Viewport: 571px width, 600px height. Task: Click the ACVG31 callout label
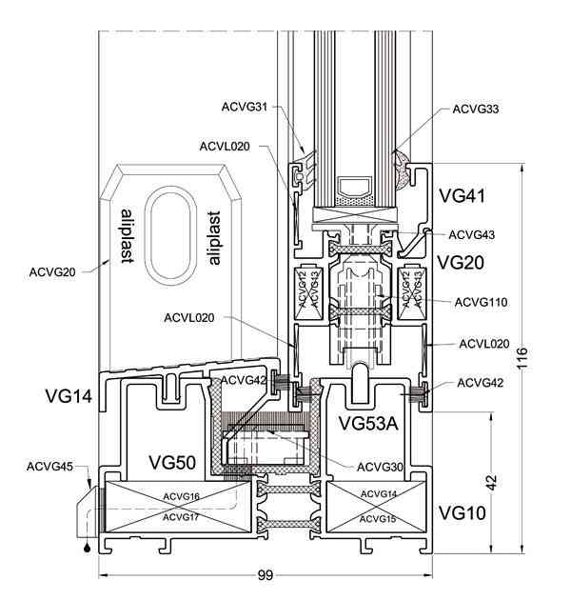point(245,107)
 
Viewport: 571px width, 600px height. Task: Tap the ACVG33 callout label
point(476,110)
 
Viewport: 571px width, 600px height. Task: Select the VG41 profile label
point(462,196)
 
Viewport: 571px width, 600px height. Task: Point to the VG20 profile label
point(461,263)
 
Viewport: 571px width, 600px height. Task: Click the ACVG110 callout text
point(481,303)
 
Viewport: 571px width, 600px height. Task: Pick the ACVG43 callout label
point(472,235)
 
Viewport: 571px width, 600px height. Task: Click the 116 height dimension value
point(522,358)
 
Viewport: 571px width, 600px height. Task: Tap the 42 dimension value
point(492,482)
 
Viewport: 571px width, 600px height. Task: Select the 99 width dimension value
point(265,575)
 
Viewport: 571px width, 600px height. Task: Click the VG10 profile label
point(462,512)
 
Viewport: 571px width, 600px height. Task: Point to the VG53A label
point(368,423)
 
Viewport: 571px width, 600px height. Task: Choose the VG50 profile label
point(172,462)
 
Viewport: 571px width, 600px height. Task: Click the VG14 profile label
point(69,395)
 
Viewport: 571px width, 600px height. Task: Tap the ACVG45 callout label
point(49,467)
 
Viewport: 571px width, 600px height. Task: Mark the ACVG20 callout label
point(52,272)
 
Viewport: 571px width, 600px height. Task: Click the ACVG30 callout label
point(380,467)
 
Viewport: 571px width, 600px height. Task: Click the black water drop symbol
point(88,548)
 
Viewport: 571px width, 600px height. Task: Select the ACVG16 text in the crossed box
point(181,497)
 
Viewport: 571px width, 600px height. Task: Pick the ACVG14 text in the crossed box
point(379,494)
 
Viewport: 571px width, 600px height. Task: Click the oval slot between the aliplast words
point(150,236)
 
